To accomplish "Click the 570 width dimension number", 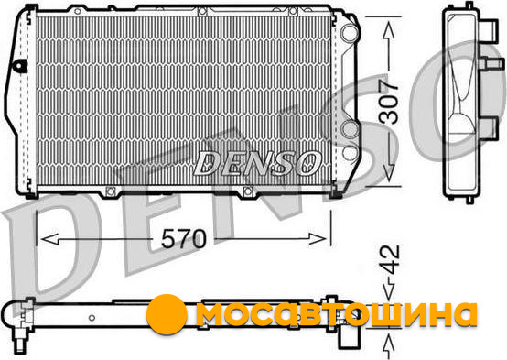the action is pyautogui.click(x=183, y=238).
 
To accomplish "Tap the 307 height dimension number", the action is pyautogui.click(x=388, y=103).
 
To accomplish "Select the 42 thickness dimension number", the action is pyautogui.click(x=389, y=259).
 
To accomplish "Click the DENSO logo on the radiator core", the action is pyautogui.click(x=257, y=163).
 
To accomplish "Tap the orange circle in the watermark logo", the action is pyautogui.click(x=167, y=314).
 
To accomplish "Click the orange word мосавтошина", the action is pyautogui.click(x=336, y=314).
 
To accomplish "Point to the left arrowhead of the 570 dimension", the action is pyautogui.click(x=49, y=239).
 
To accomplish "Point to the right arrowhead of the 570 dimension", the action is pyautogui.click(x=318, y=239).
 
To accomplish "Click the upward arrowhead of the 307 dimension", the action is pyautogui.click(x=389, y=31).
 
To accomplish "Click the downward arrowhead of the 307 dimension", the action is pyautogui.click(x=389, y=172).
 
